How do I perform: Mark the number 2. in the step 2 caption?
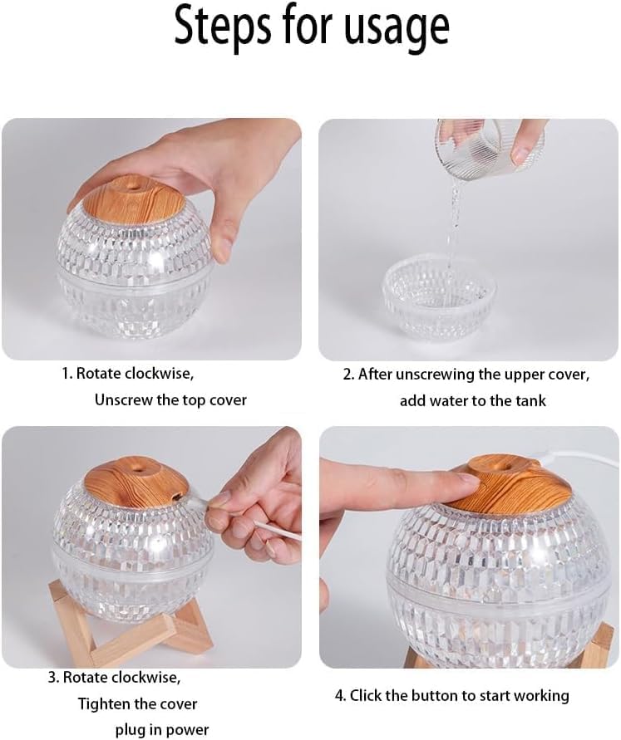(348, 375)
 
